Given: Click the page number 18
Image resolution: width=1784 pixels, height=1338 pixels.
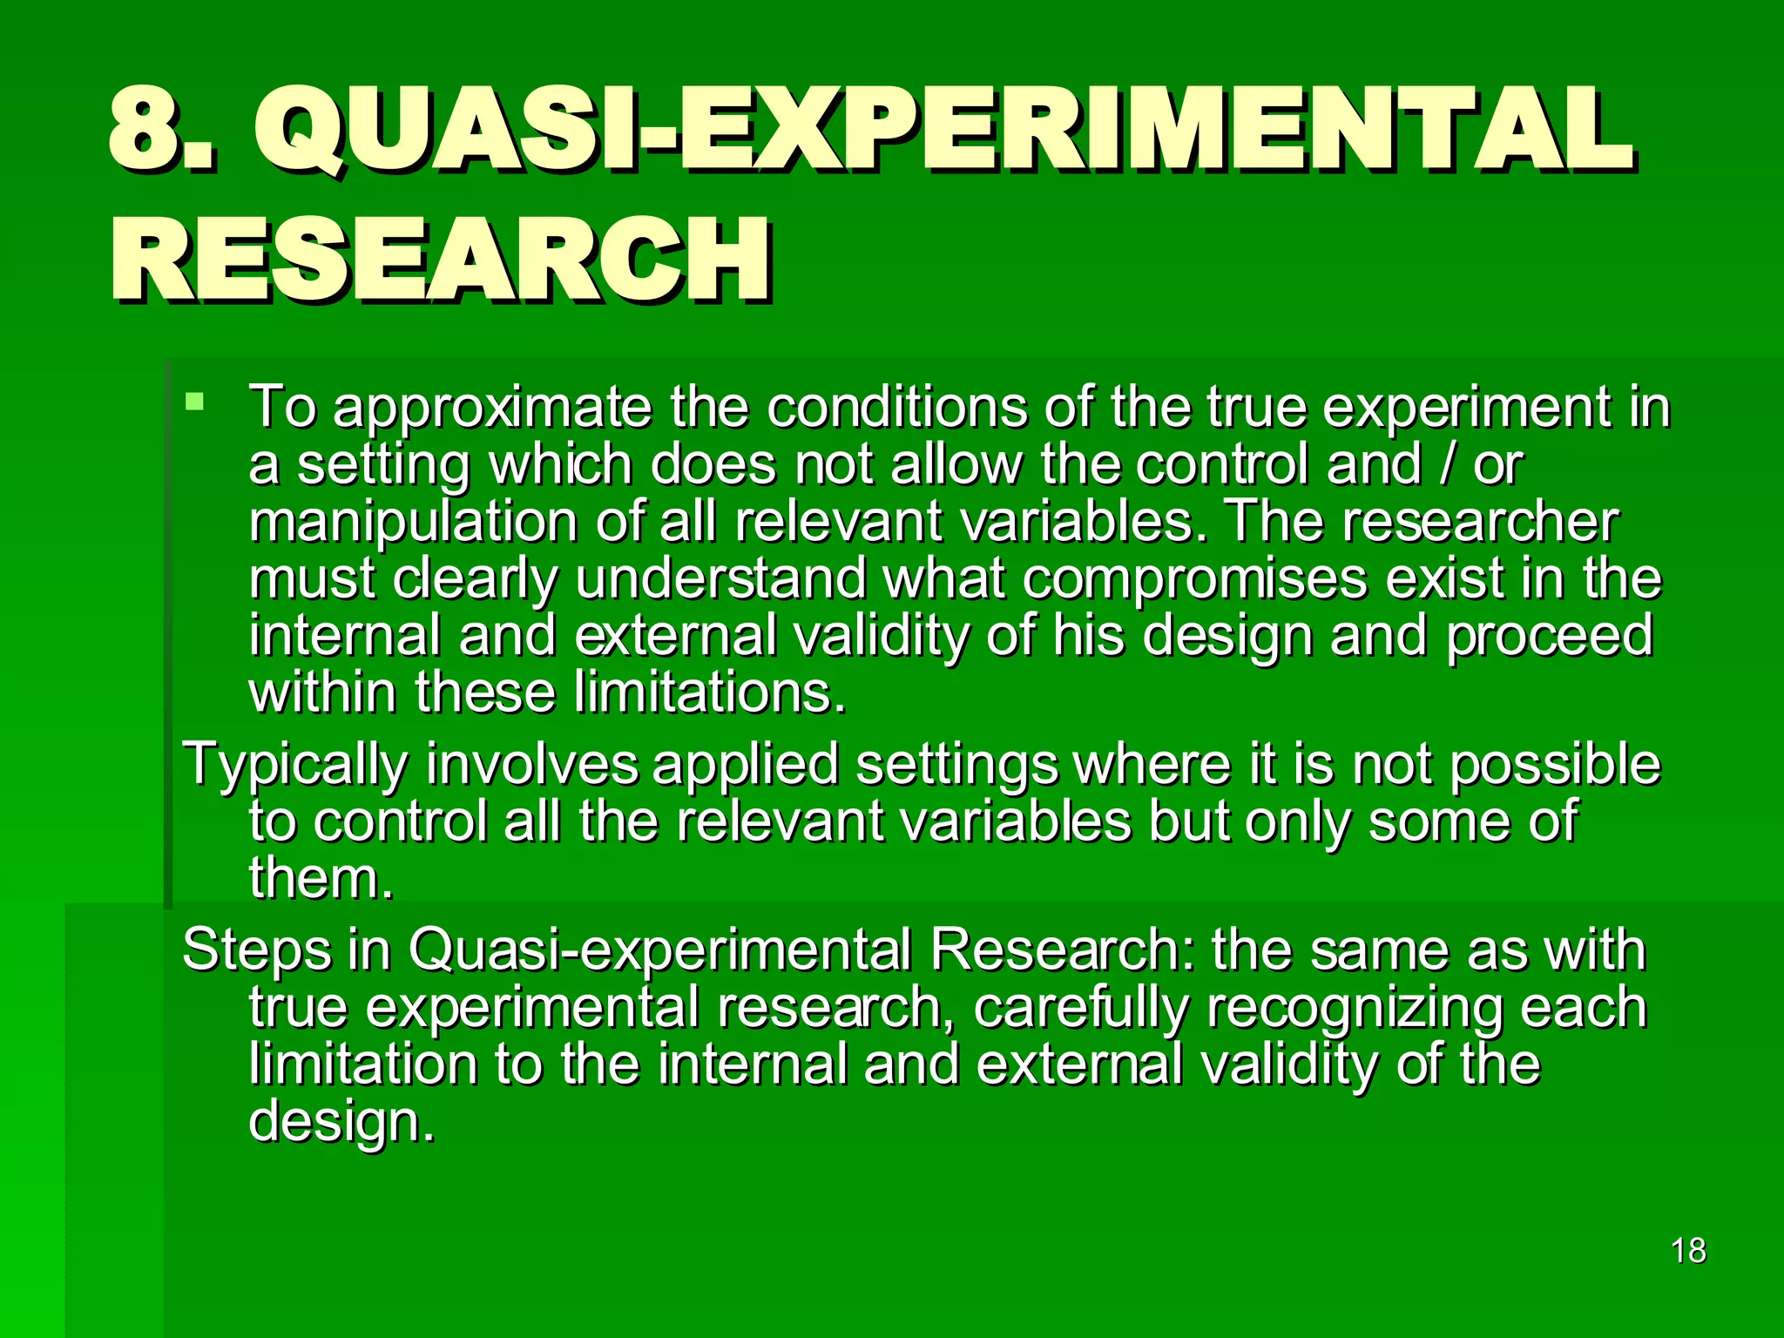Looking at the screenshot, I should coord(1688,1251).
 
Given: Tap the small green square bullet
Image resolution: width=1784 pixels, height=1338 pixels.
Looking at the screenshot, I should coord(195,402).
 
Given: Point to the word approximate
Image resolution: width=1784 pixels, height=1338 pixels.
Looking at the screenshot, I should coord(493,408).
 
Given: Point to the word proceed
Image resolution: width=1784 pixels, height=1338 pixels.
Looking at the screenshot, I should coord(1550,636).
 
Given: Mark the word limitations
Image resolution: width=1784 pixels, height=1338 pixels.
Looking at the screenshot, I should coord(709,693).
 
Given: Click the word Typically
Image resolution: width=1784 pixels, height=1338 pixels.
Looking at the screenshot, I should coord(295,765).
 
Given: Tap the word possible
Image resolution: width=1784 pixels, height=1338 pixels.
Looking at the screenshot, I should coord(1556,765).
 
